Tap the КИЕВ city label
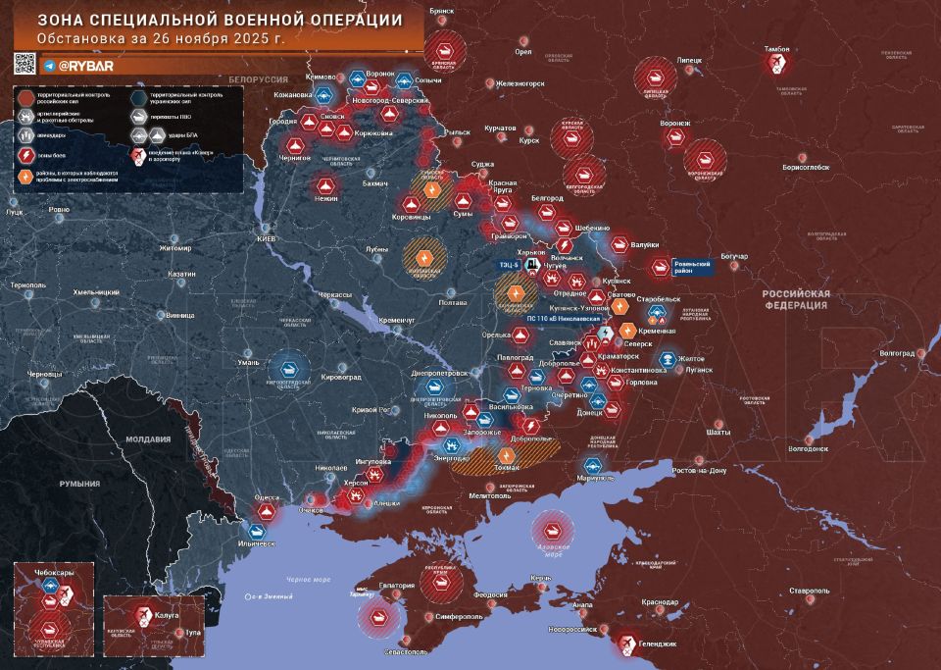coord(268,238)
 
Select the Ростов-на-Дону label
coord(698,471)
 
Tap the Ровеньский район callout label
coord(691,266)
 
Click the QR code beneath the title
coord(25,65)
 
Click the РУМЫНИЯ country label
coord(78,484)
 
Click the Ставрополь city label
coord(809,592)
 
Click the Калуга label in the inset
coord(167,614)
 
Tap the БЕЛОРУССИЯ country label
coord(258,77)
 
